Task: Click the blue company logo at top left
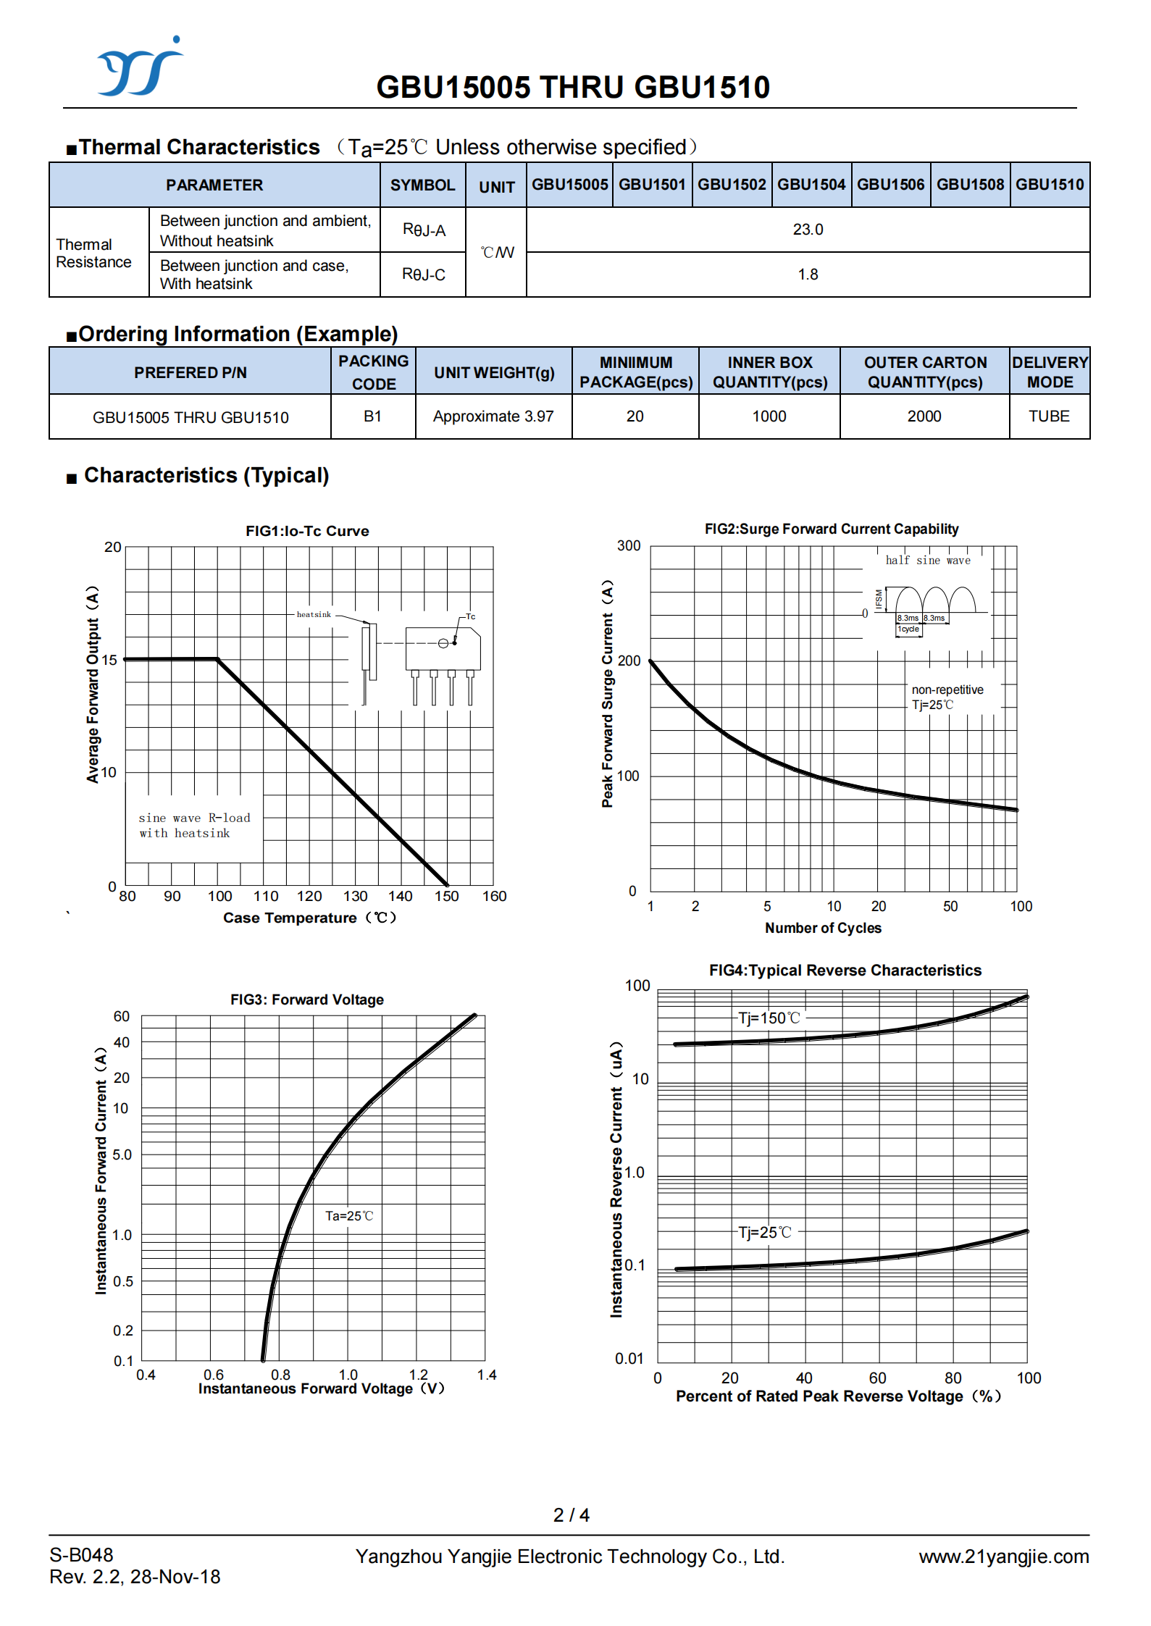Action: point(141,67)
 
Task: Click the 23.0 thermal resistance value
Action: point(808,230)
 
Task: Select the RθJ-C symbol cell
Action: point(424,275)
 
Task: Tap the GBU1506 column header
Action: point(891,185)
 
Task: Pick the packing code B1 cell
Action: point(373,416)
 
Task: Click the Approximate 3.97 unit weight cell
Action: point(493,416)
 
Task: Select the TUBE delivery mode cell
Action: point(1050,416)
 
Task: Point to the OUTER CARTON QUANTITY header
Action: point(925,372)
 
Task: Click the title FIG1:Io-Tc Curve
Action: point(307,531)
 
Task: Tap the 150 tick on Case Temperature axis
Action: point(447,896)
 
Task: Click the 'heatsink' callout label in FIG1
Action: point(314,614)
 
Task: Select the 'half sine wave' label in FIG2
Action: point(928,560)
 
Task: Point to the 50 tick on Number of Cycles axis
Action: point(950,906)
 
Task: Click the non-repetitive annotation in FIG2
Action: point(947,690)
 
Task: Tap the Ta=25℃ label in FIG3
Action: point(349,1216)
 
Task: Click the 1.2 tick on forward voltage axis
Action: point(419,1374)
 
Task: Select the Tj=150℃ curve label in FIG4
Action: point(769,1018)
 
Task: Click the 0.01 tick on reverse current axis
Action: point(629,1359)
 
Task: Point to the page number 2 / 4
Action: point(572,1515)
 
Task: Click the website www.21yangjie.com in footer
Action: point(1004,1556)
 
